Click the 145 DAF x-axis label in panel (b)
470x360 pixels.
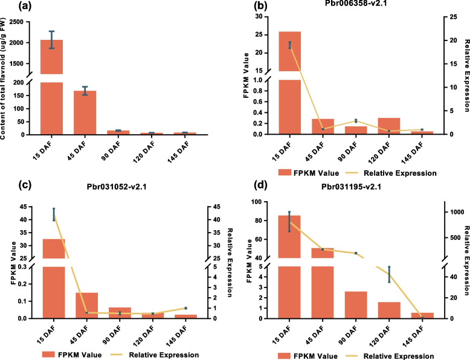[x=417, y=149]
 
